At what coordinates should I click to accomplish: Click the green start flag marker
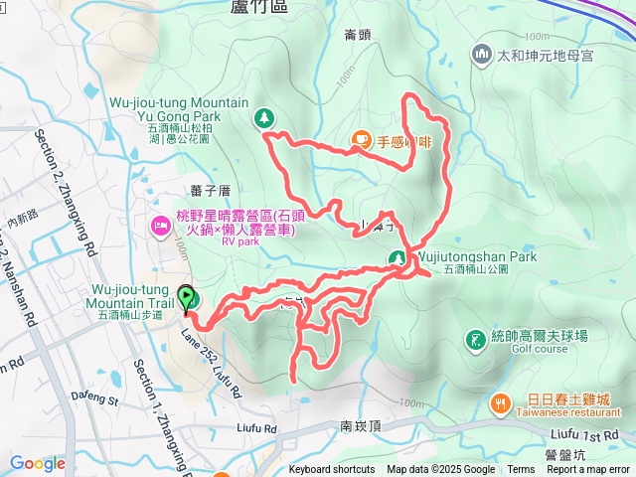coord(186,297)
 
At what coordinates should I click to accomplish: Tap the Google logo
coord(38,463)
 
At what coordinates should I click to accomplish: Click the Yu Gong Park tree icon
coord(264,118)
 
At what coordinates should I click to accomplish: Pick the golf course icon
coord(477,341)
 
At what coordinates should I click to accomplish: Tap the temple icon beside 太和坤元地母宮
coord(482,53)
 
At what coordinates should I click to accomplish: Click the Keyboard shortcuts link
coord(332,470)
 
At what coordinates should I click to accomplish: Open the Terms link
coord(521,470)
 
